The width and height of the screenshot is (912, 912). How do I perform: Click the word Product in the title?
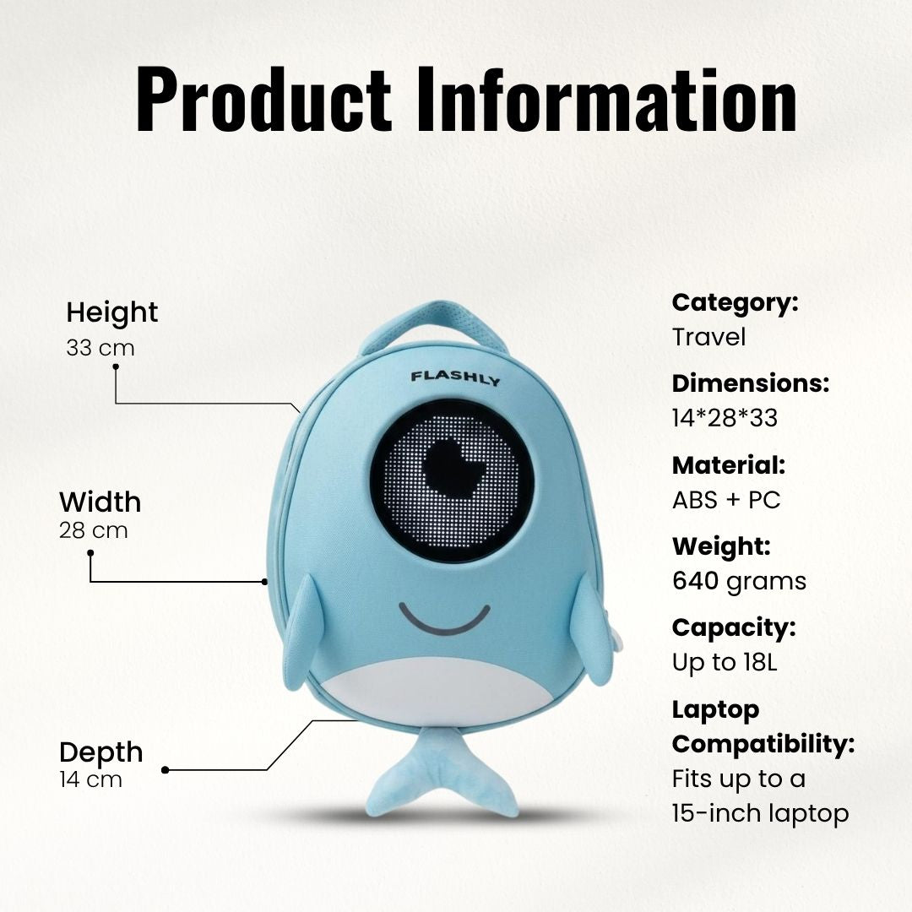pos(263,99)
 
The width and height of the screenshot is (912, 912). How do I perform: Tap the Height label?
pos(111,312)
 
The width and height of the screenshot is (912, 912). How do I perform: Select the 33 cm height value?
pos(100,348)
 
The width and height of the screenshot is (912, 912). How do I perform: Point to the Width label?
pos(100,502)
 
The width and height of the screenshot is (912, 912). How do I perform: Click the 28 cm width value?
pos(93,530)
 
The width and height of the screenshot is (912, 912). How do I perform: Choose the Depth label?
pos(101,752)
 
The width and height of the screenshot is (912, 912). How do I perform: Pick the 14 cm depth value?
pos(90,779)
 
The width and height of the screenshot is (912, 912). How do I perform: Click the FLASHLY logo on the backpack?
pos(455,378)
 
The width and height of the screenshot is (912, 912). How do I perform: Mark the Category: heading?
pos(736,303)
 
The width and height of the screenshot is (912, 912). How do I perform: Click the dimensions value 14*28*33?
pos(725,418)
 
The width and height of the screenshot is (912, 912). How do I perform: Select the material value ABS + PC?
pos(726,500)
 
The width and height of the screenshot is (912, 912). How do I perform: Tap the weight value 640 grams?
pos(739,582)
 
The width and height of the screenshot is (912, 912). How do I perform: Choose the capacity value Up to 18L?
pos(725,663)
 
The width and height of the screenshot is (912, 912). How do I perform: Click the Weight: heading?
pos(721,546)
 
